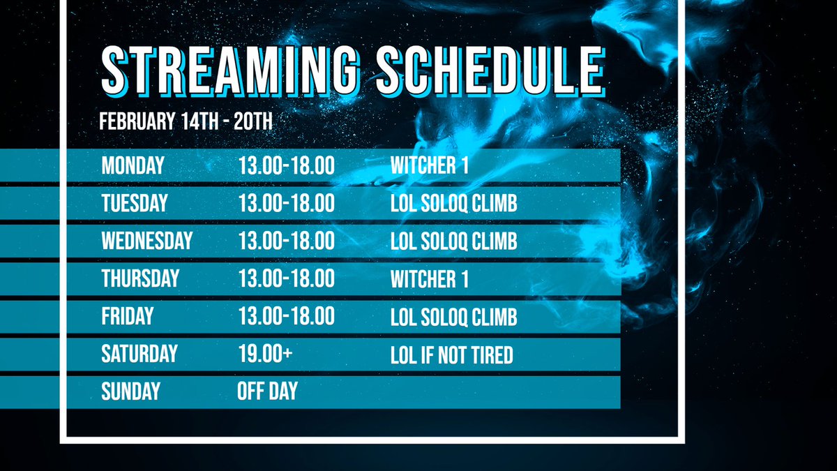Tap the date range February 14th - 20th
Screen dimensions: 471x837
(x=186, y=121)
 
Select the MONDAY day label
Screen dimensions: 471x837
(x=133, y=166)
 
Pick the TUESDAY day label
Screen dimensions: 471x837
(x=135, y=203)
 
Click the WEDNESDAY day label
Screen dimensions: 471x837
(x=146, y=241)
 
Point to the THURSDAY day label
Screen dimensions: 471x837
(x=140, y=278)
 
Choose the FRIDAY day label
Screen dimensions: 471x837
(x=127, y=316)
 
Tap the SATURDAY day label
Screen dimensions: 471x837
(x=139, y=354)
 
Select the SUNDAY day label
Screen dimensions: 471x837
(x=130, y=391)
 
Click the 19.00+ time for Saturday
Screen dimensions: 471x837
(x=265, y=354)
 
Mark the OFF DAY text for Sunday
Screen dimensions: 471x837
(x=267, y=391)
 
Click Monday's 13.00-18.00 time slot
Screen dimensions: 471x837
(x=286, y=166)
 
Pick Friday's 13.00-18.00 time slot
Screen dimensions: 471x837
(x=286, y=316)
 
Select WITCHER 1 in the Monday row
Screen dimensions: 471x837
(x=429, y=166)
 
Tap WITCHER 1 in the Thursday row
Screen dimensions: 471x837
(x=429, y=279)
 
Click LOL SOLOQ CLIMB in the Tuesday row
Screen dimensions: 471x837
(x=453, y=204)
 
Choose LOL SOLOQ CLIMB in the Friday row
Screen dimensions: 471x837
(x=453, y=317)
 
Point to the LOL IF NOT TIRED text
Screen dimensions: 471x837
(x=451, y=355)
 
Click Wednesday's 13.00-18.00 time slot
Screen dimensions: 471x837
(x=286, y=241)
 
